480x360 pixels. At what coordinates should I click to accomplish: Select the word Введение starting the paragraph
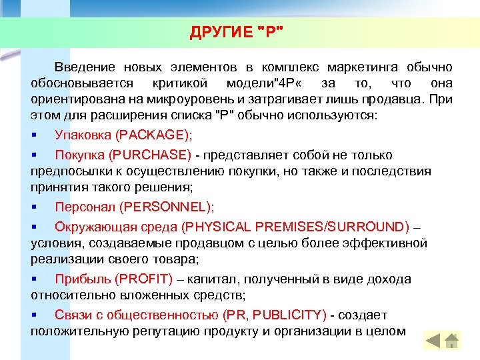84,67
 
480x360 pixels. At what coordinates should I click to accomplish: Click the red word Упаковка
83,135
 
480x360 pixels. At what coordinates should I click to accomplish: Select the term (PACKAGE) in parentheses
153,135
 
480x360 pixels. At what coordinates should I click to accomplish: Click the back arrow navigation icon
433,341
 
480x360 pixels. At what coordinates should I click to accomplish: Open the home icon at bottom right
452,341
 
